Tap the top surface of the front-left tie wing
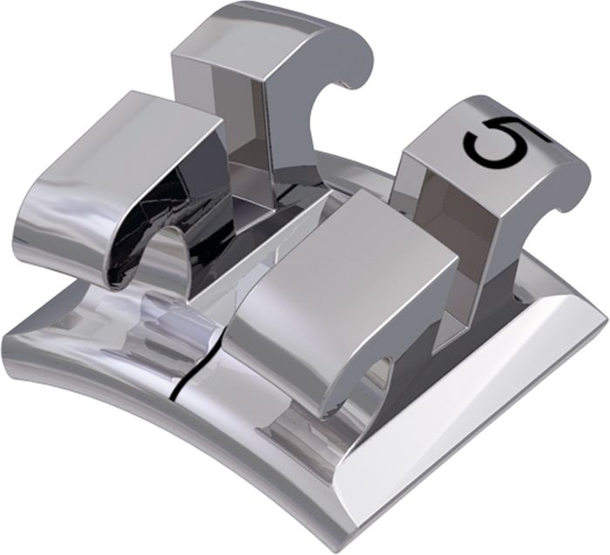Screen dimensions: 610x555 point(128,156)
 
